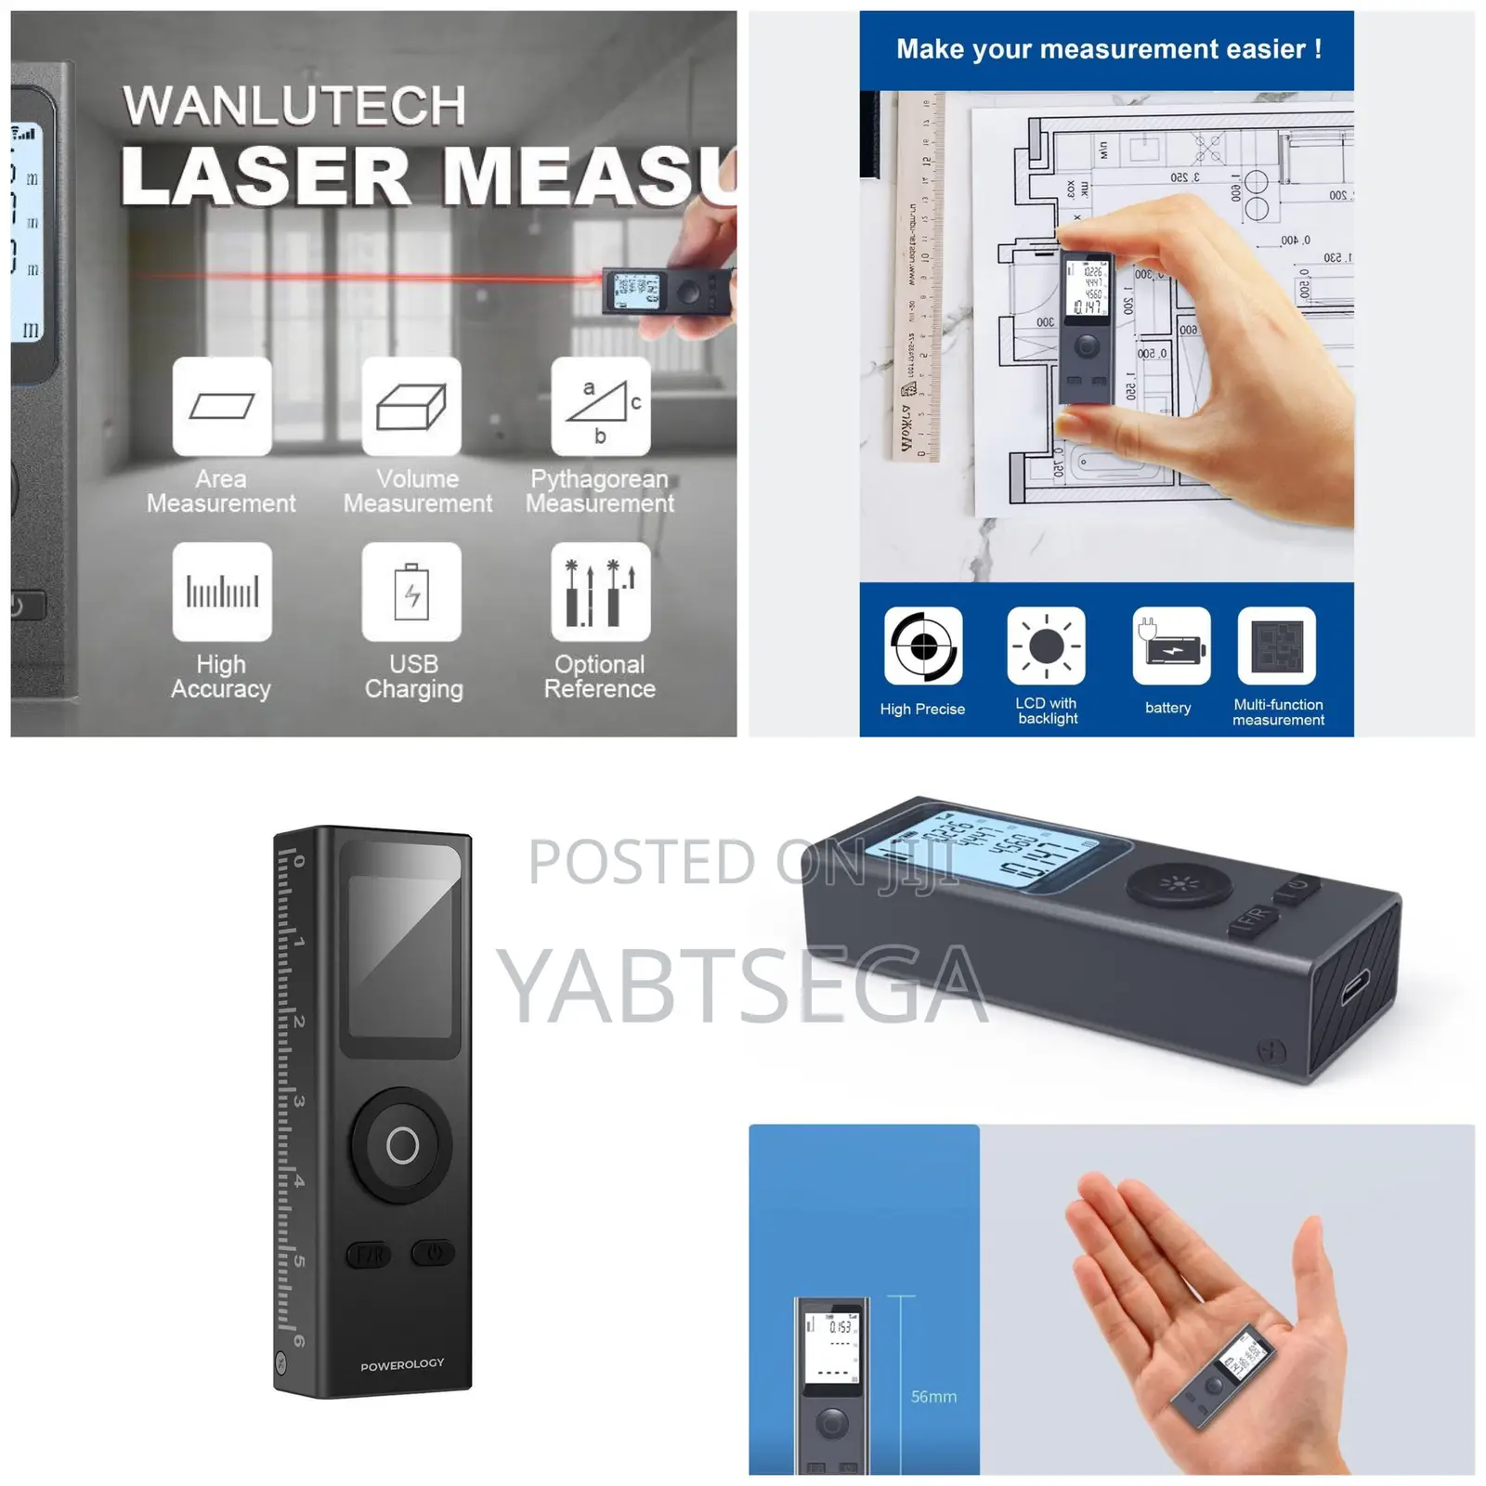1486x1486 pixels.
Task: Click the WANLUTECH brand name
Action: click(x=293, y=105)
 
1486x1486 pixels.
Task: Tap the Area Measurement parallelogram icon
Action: click(x=222, y=406)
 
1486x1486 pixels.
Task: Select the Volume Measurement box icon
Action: click(x=411, y=406)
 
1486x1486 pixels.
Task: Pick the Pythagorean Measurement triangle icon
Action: click(x=601, y=406)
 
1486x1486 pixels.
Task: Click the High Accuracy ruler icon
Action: click(x=222, y=592)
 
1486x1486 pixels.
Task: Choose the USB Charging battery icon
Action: click(x=411, y=592)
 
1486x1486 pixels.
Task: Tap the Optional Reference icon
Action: click(x=601, y=592)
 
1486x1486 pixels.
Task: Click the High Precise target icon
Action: click(x=923, y=645)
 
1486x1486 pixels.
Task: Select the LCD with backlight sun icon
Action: click(x=1047, y=645)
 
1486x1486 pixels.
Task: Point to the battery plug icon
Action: click(x=1171, y=645)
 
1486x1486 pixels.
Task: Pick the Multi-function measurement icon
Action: click(x=1277, y=645)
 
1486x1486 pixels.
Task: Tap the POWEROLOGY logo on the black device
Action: click(x=402, y=1364)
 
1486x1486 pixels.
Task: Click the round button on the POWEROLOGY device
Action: click(x=402, y=1145)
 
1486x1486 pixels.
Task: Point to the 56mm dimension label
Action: click(x=933, y=1397)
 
